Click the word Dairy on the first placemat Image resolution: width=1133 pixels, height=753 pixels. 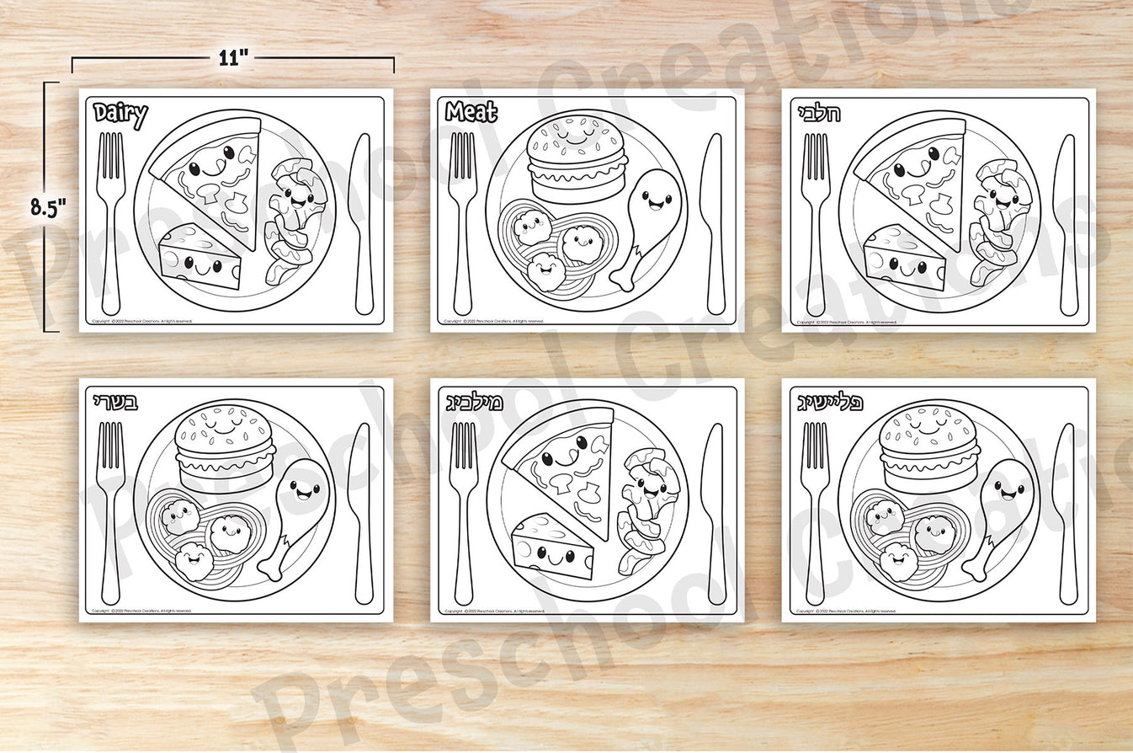pyautogui.click(x=120, y=114)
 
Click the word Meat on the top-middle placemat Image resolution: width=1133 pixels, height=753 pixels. pyautogui.click(x=471, y=112)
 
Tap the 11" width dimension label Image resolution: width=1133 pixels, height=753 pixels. pyautogui.click(x=232, y=57)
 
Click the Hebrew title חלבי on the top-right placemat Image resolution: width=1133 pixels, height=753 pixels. pyautogui.click(x=817, y=113)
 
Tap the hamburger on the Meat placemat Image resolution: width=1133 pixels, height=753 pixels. pyautogui.click(x=577, y=160)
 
